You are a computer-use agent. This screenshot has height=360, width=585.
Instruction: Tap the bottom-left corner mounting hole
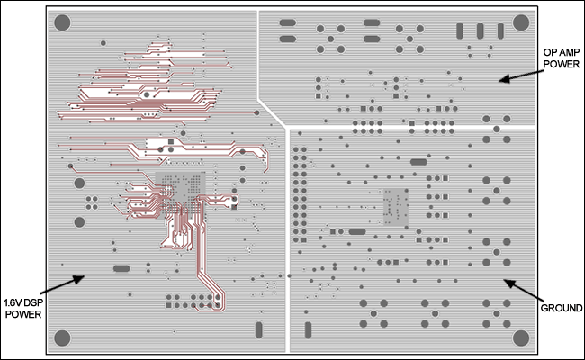click(x=63, y=337)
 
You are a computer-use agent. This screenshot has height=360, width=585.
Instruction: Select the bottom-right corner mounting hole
click(x=520, y=337)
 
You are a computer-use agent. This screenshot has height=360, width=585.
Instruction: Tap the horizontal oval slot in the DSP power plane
click(x=121, y=268)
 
